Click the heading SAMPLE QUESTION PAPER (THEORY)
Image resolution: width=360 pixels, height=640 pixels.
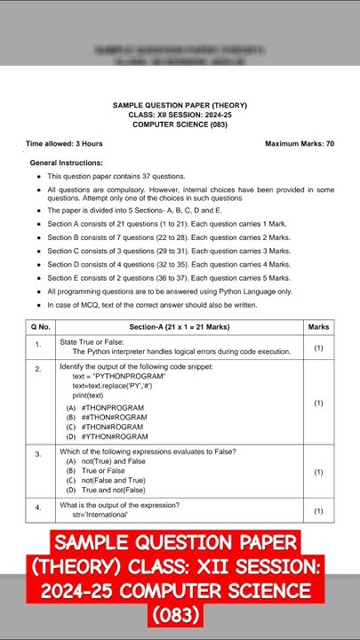click(180, 106)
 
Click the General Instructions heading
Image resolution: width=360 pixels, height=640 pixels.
click(66, 163)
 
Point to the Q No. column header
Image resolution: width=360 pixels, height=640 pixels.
click(40, 327)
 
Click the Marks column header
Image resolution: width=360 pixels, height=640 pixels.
click(318, 327)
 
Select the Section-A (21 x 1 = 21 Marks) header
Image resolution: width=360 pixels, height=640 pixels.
click(179, 327)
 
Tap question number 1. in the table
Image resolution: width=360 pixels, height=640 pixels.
click(38, 344)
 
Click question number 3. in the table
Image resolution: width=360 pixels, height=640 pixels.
click(38, 454)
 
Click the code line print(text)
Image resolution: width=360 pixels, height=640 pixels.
click(93, 396)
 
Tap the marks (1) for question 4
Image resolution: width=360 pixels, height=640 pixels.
click(318, 511)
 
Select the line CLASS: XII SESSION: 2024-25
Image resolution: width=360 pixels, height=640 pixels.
click(180, 116)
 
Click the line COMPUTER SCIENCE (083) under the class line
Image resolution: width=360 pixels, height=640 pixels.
click(180, 125)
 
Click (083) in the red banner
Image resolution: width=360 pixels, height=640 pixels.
click(180, 614)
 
